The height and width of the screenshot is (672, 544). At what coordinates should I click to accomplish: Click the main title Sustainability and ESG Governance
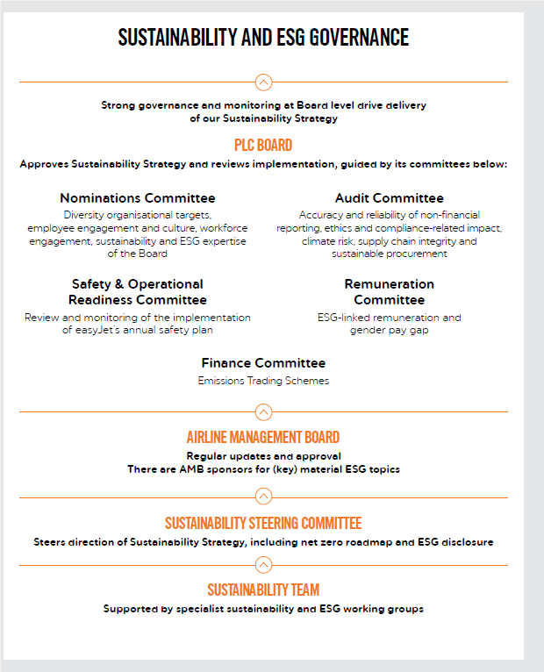point(263,37)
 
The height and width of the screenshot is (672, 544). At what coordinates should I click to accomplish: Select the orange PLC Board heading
point(263,145)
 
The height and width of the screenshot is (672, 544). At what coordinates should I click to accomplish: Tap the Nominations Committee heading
point(138,198)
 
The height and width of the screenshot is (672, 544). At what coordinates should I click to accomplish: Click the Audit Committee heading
point(389,198)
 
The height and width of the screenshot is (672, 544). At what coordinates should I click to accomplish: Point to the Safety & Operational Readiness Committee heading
point(138,290)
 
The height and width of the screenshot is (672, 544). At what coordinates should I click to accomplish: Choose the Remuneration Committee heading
point(389,291)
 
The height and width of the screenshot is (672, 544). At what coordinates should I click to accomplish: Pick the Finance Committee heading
point(263,363)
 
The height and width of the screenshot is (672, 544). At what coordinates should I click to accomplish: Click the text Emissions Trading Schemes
point(263,381)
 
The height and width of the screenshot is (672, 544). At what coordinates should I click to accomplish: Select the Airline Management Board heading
point(263,437)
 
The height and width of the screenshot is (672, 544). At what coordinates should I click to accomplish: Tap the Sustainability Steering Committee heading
point(263,524)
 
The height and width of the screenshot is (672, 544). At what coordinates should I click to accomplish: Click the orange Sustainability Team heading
point(263,590)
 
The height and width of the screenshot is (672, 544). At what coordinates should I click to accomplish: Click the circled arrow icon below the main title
point(263,82)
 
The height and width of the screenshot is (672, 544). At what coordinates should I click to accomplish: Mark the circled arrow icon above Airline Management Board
point(263,411)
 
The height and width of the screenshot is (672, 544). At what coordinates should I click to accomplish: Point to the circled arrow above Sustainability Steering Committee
point(263,497)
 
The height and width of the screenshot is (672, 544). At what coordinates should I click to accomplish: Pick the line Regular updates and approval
point(263,456)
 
